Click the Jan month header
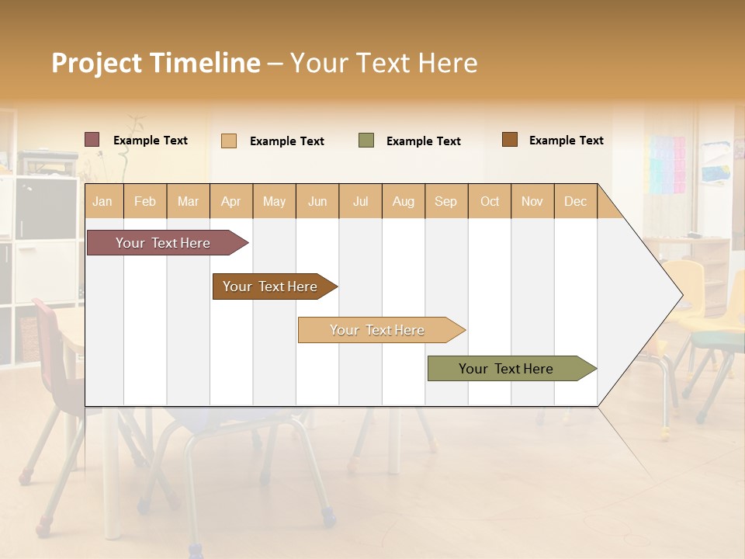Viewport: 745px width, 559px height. pos(103,201)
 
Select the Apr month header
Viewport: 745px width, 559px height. pos(231,201)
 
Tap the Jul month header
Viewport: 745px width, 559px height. pos(361,201)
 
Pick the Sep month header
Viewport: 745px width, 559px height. pos(446,201)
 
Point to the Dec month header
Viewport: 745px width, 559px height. pos(575,201)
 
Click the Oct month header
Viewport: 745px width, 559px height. pos(490,201)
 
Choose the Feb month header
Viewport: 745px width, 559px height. pos(145,201)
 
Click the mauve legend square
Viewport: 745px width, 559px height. pos(92,140)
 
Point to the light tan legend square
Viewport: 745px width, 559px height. pos(229,141)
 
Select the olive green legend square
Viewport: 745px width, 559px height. pos(366,141)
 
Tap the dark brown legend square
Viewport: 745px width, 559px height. pos(510,140)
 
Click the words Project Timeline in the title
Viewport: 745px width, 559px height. pos(155,63)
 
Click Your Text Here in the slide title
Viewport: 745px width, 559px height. pos(384,63)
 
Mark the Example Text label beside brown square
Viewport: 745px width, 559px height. pos(566,141)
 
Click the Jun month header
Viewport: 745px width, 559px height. pos(317,201)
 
